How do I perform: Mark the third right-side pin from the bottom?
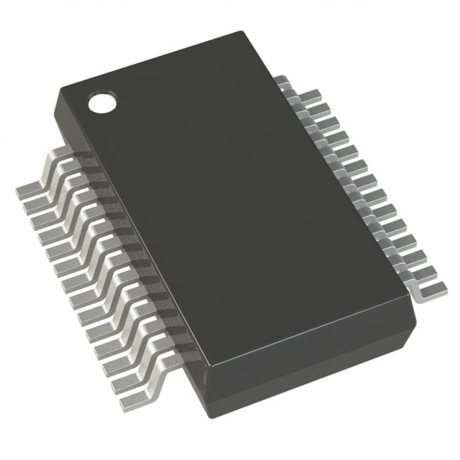pos(416,259)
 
